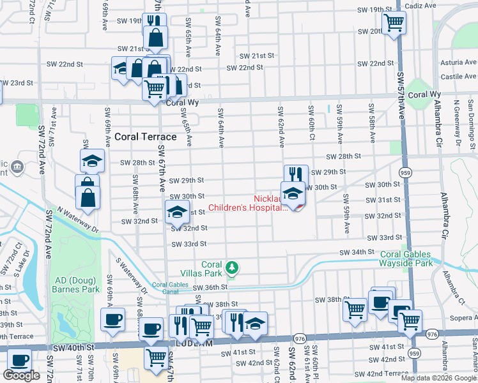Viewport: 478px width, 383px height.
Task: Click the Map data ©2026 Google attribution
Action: [438, 378]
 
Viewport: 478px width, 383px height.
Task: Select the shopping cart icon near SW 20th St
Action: [394, 22]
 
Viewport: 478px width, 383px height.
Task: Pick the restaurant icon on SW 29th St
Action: [296, 174]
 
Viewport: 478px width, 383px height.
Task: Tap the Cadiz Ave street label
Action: [422, 5]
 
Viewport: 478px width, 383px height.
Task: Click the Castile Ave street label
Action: [459, 77]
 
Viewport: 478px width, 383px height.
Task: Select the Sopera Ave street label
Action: [461, 317]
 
